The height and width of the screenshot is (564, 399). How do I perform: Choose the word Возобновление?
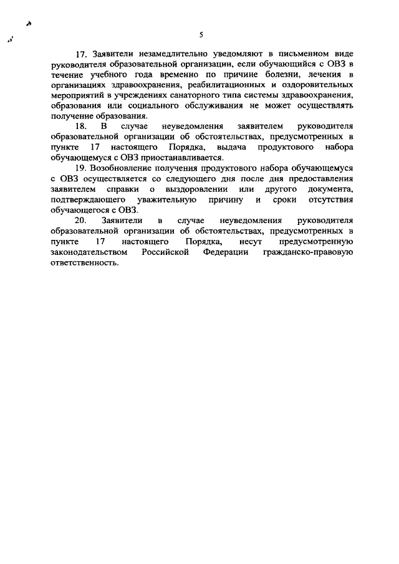coord(120,168)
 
